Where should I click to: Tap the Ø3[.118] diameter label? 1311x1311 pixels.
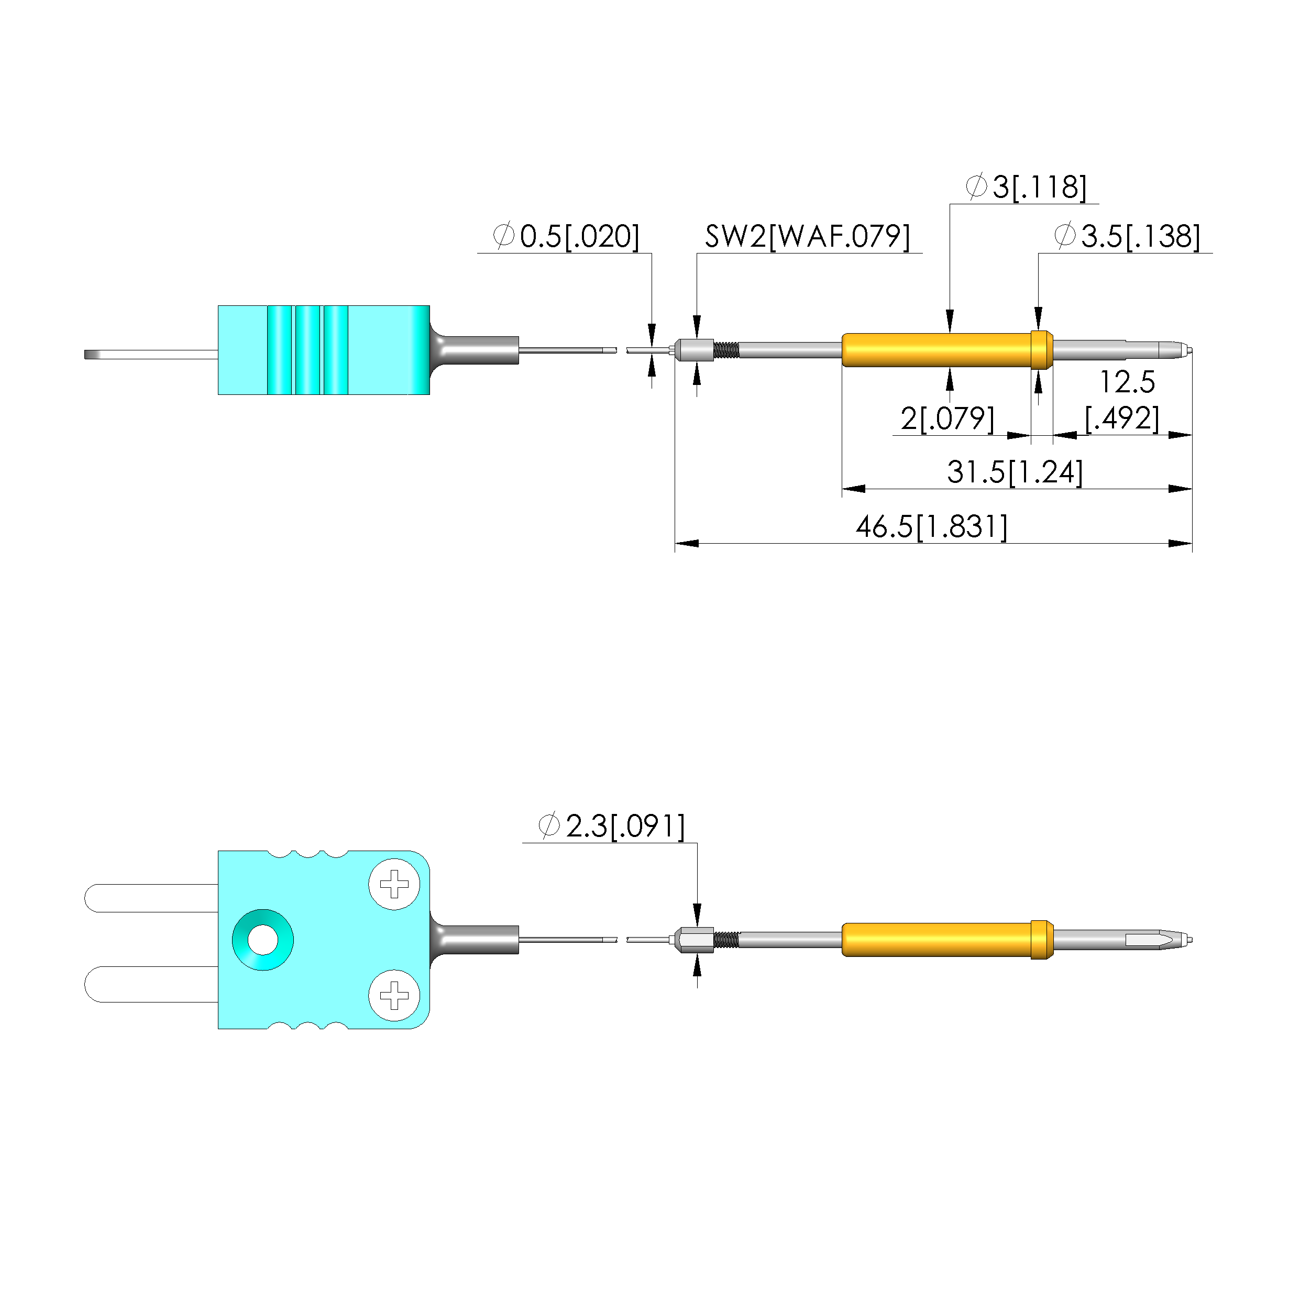point(1026,186)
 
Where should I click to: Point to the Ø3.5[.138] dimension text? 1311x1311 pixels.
point(1127,236)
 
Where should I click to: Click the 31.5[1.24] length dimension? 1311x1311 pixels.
point(1015,471)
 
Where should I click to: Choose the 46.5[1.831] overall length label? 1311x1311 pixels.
point(932,526)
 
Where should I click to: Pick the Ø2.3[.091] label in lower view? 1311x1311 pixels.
point(611,826)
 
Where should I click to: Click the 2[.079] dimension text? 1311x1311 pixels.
point(948,418)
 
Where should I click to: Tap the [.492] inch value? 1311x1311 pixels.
point(1122,418)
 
